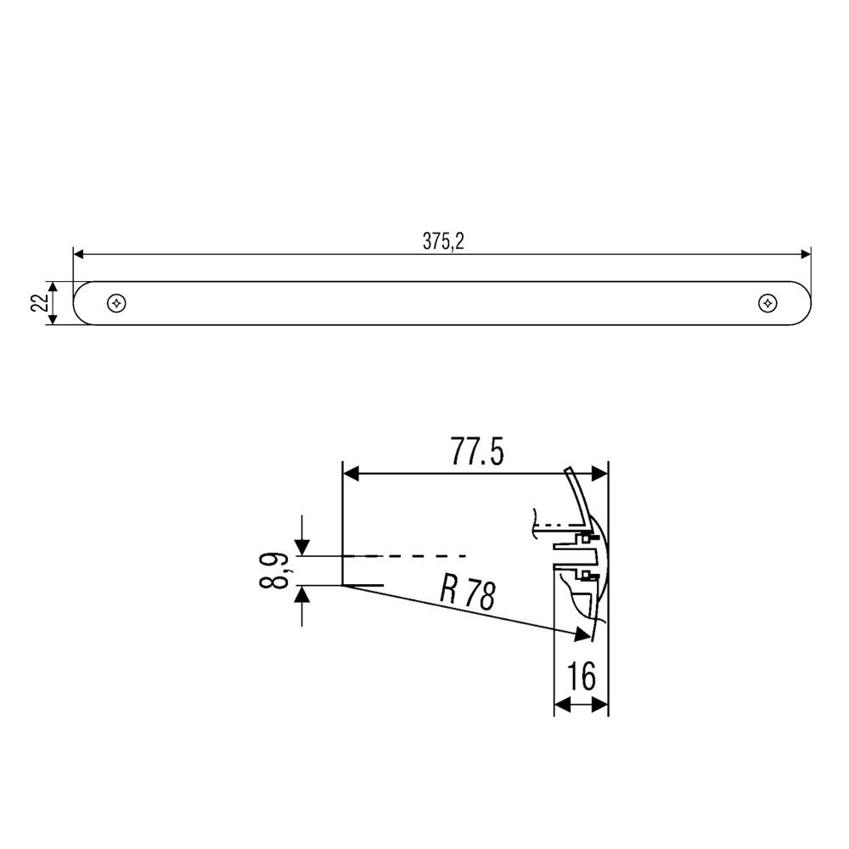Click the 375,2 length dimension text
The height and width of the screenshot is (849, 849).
click(444, 242)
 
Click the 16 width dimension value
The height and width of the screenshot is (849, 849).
click(582, 678)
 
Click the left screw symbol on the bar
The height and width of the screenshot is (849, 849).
click(115, 303)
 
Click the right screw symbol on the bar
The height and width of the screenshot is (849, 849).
click(767, 303)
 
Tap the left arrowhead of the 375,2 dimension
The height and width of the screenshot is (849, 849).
click(78, 254)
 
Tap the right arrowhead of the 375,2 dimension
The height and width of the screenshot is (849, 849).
click(806, 254)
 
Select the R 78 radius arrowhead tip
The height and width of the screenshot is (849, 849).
click(588, 635)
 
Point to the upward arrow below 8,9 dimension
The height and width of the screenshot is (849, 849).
click(302, 593)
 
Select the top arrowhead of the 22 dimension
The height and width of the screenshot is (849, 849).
click(53, 287)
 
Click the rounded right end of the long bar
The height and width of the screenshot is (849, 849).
click(806, 303)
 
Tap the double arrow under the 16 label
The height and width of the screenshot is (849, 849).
click(582, 704)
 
